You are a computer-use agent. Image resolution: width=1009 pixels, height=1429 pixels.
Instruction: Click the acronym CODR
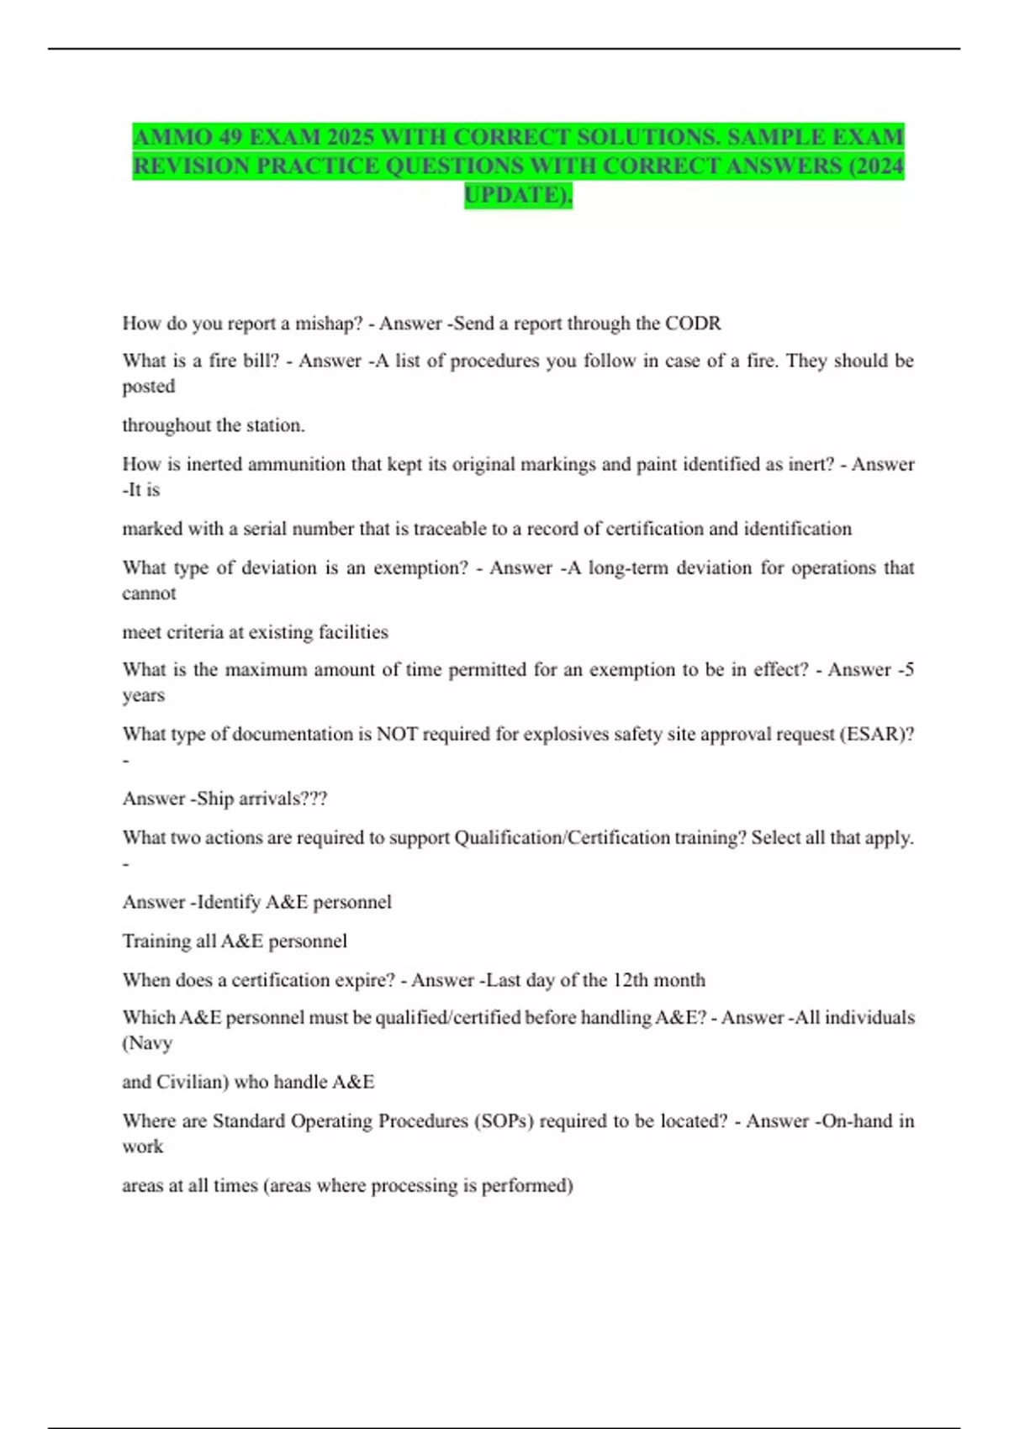[693, 324]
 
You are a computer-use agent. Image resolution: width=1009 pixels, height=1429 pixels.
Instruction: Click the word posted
[149, 387]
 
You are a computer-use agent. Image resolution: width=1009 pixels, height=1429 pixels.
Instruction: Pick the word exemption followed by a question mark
[420, 568]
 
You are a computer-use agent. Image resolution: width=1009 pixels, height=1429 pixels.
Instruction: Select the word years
[144, 695]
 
